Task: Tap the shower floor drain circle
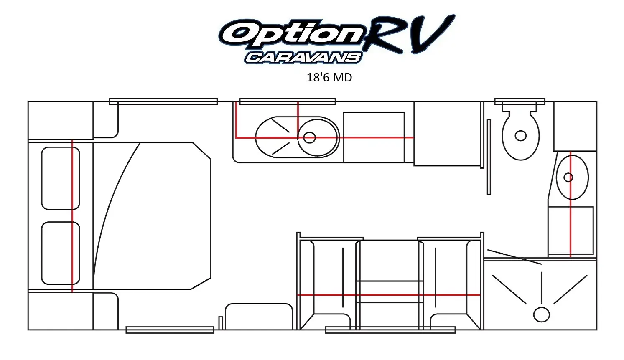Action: tap(541, 315)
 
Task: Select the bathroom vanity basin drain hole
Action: tap(568, 177)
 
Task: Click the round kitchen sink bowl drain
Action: tap(309, 137)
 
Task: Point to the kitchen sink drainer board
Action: tap(276, 137)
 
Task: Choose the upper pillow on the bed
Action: tap(61, 178)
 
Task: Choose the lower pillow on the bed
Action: tap(61, 253)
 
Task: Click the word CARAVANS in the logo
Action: tap(303, 58)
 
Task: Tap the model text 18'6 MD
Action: tap(329, 77)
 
